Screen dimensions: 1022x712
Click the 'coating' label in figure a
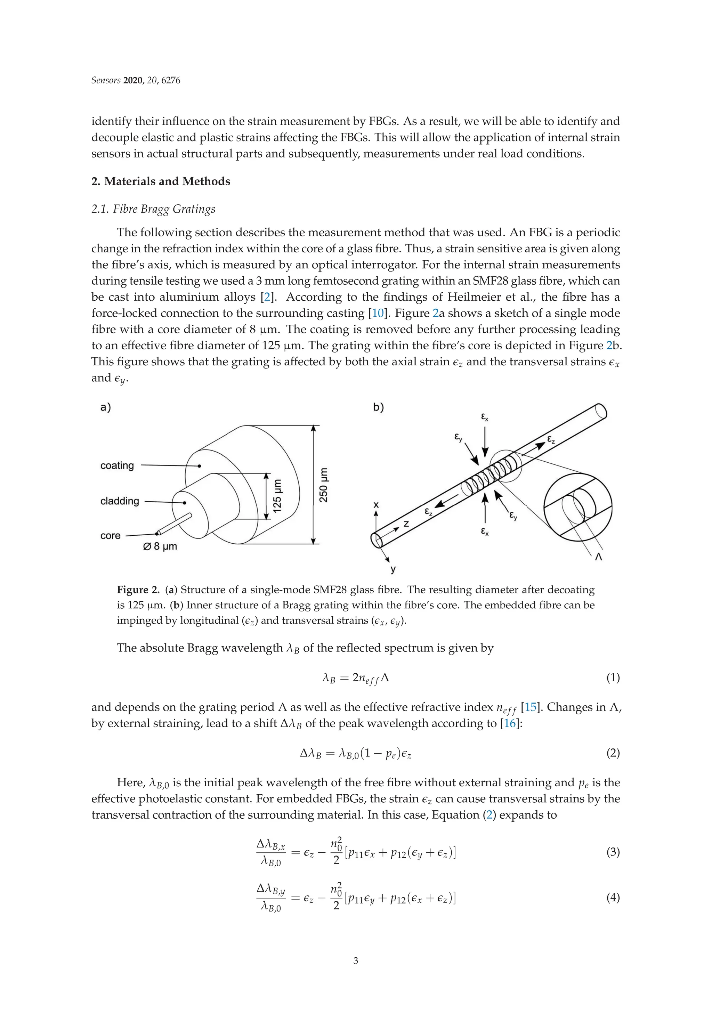click(117, 465)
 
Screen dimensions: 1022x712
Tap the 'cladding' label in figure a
click(119, 501)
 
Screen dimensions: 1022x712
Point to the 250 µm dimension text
click(324, 485)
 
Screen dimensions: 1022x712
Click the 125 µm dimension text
click(277, 495)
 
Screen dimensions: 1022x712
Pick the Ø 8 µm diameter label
click(160, 546)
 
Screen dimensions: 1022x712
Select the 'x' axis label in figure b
click(376, 505)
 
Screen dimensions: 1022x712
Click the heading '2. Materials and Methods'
click(161, 181)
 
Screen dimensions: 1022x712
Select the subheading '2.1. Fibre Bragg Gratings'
click(153, 209)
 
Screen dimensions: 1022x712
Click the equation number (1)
click(613, 678)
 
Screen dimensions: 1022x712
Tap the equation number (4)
click(613, 898)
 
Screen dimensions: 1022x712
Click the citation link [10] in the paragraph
click(378, 313)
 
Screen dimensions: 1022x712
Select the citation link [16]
click(509, 723)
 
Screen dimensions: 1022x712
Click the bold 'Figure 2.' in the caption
click(138, 590)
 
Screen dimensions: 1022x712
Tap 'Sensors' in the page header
click(106, 81)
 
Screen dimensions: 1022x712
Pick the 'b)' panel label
click(378, 407)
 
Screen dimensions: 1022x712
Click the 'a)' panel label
click(106, 407)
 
